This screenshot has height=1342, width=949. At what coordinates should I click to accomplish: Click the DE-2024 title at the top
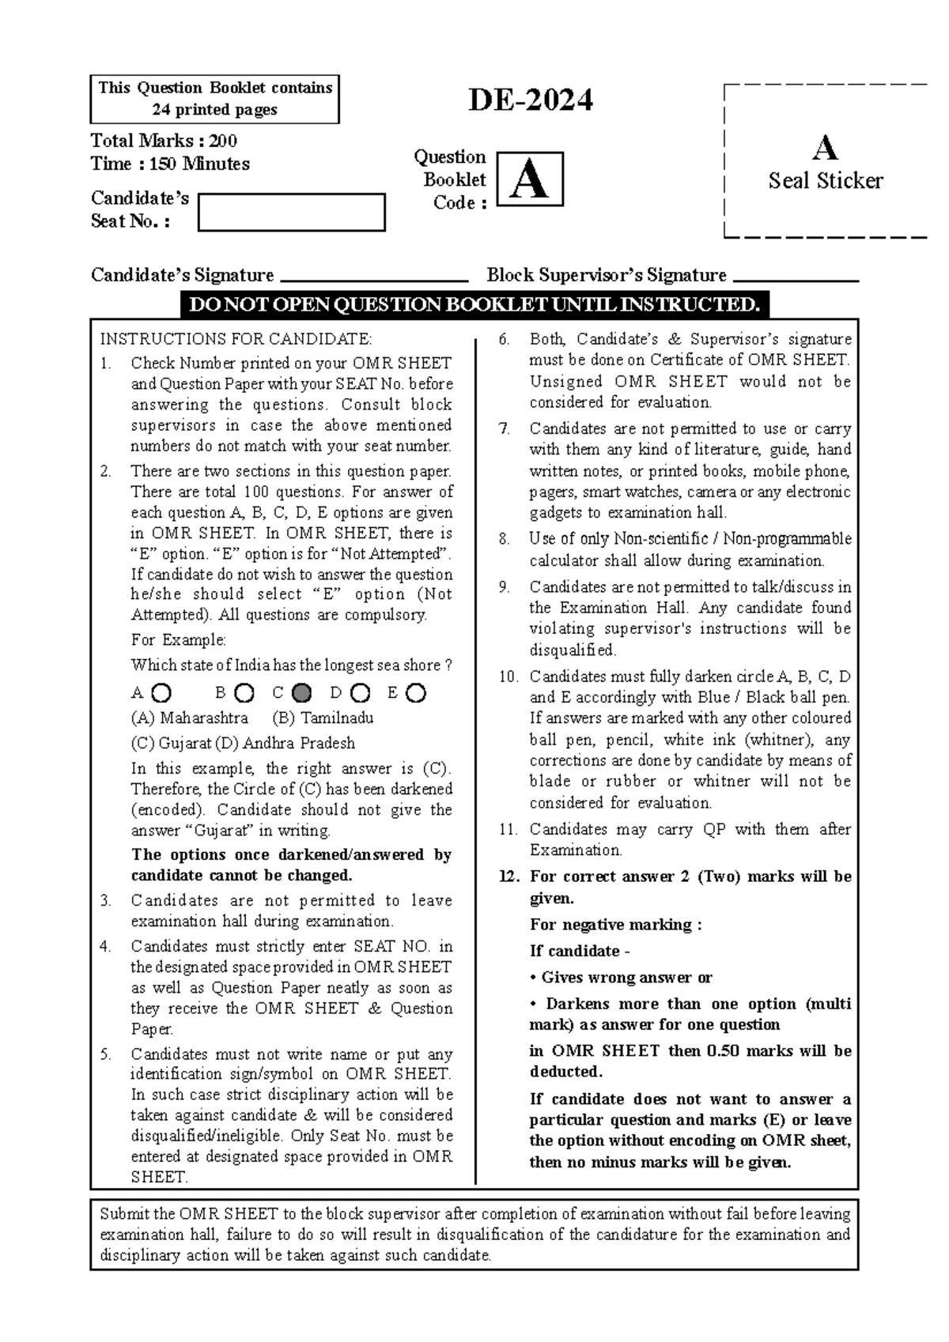(530, 101)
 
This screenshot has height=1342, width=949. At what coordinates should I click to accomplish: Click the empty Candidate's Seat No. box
(291, 212)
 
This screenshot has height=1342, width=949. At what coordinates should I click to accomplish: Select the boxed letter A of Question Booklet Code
(529, 179)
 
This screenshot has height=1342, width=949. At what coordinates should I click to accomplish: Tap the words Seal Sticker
(825, 181)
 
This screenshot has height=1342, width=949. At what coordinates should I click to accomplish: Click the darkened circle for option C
(301, 693)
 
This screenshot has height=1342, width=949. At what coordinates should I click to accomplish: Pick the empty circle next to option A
(161, 693)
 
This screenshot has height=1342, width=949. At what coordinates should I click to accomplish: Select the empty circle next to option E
(416, 693)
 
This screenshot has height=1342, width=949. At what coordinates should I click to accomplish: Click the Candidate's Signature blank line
(375, 279)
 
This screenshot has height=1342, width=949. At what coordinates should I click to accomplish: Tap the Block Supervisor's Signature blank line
(796, 279)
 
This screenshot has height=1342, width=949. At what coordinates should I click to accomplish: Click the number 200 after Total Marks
(224, 141)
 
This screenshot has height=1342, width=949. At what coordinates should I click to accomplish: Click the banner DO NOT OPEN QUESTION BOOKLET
(475, 305)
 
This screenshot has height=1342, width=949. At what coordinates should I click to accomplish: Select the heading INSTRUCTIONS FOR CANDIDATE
(235, 339)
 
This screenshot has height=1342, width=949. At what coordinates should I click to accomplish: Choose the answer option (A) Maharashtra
(190, 718)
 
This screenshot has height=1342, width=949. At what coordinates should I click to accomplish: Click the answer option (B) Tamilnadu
(323, 718)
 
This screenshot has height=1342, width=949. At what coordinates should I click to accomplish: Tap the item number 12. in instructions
(509, 876)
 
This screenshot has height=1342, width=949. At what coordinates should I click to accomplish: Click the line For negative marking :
(615, 925)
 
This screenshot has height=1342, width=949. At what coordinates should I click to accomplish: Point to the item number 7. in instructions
(505, 429)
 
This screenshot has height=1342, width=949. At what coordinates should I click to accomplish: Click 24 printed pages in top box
(214, 110)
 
